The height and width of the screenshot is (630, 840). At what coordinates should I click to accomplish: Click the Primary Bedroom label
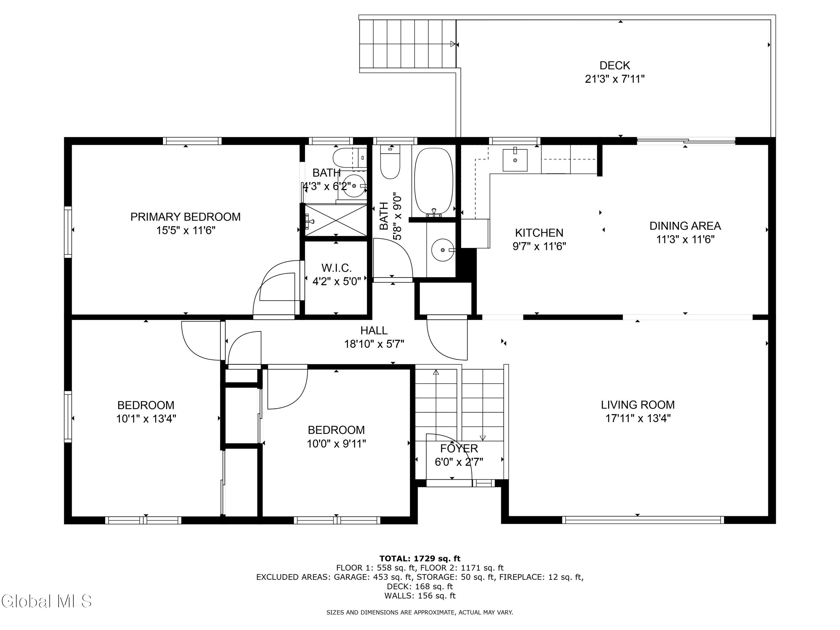[185, 217]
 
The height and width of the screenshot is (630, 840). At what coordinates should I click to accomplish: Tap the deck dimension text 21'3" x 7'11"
[615, 79]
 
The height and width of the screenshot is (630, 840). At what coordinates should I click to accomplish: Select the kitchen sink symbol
[515, 160]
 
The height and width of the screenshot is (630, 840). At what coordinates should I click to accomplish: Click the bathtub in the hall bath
[433, 181]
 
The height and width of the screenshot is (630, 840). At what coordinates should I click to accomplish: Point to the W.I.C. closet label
[337, 268]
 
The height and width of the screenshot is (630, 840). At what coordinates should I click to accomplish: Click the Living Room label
[638, 405]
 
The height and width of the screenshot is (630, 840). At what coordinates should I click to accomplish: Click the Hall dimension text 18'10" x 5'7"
[374, 344]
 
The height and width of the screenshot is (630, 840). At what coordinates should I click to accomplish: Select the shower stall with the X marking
[336, 221]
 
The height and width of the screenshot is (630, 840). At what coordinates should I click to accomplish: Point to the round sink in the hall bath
[443, 250]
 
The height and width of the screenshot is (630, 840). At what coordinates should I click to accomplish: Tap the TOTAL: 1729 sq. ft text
[420, 559]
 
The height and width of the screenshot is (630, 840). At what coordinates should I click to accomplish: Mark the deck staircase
[407, 44]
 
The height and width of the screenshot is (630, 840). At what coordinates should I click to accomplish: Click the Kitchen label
[539, 233]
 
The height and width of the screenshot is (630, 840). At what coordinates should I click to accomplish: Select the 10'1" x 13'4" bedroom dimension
[146, 419]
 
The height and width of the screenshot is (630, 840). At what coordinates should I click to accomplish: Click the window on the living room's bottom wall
[643, 520]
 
